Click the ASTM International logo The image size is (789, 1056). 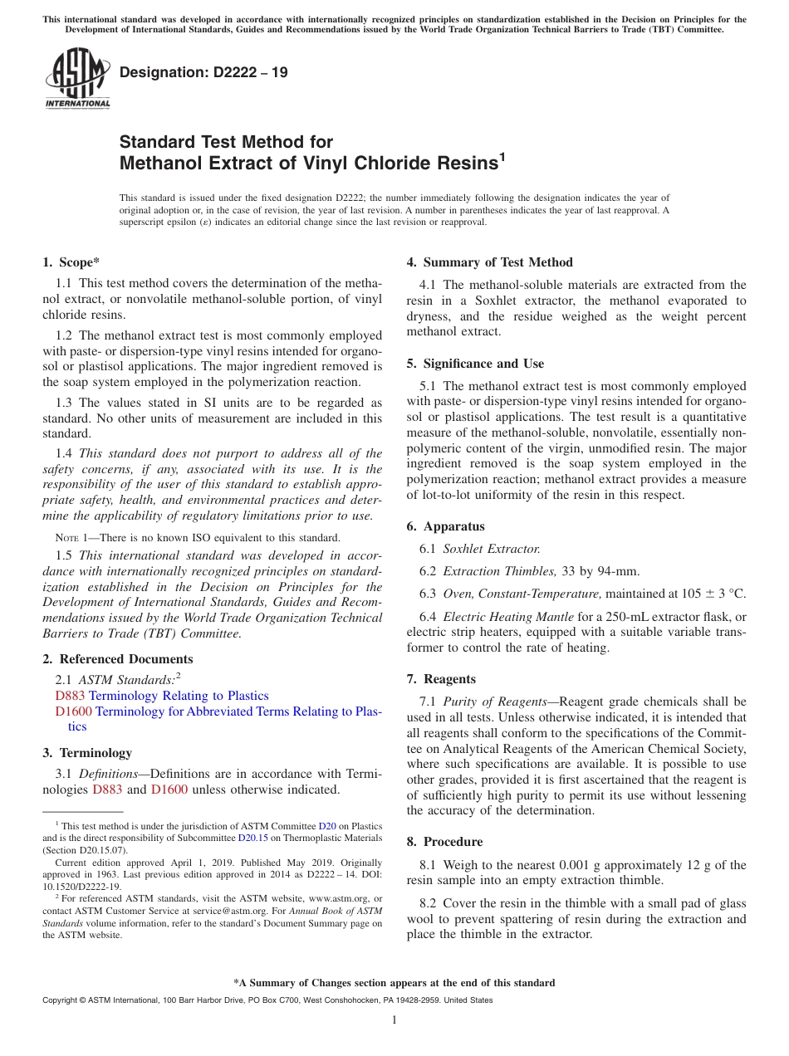[x=77, y=79]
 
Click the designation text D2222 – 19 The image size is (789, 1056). [x=203, y=72]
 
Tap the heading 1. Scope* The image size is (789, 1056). [x=71, y=262]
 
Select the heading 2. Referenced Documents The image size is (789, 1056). [x=117, y=659]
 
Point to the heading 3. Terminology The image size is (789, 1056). [x=87, y=753]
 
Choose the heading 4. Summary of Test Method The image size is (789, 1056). [x=489, y=262]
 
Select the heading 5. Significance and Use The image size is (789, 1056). [x=475, y=364]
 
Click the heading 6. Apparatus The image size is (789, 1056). [x=445, y=526]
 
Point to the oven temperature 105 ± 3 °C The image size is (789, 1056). [x=713, y=594]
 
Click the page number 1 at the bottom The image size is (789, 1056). [x=394, y=1019]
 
